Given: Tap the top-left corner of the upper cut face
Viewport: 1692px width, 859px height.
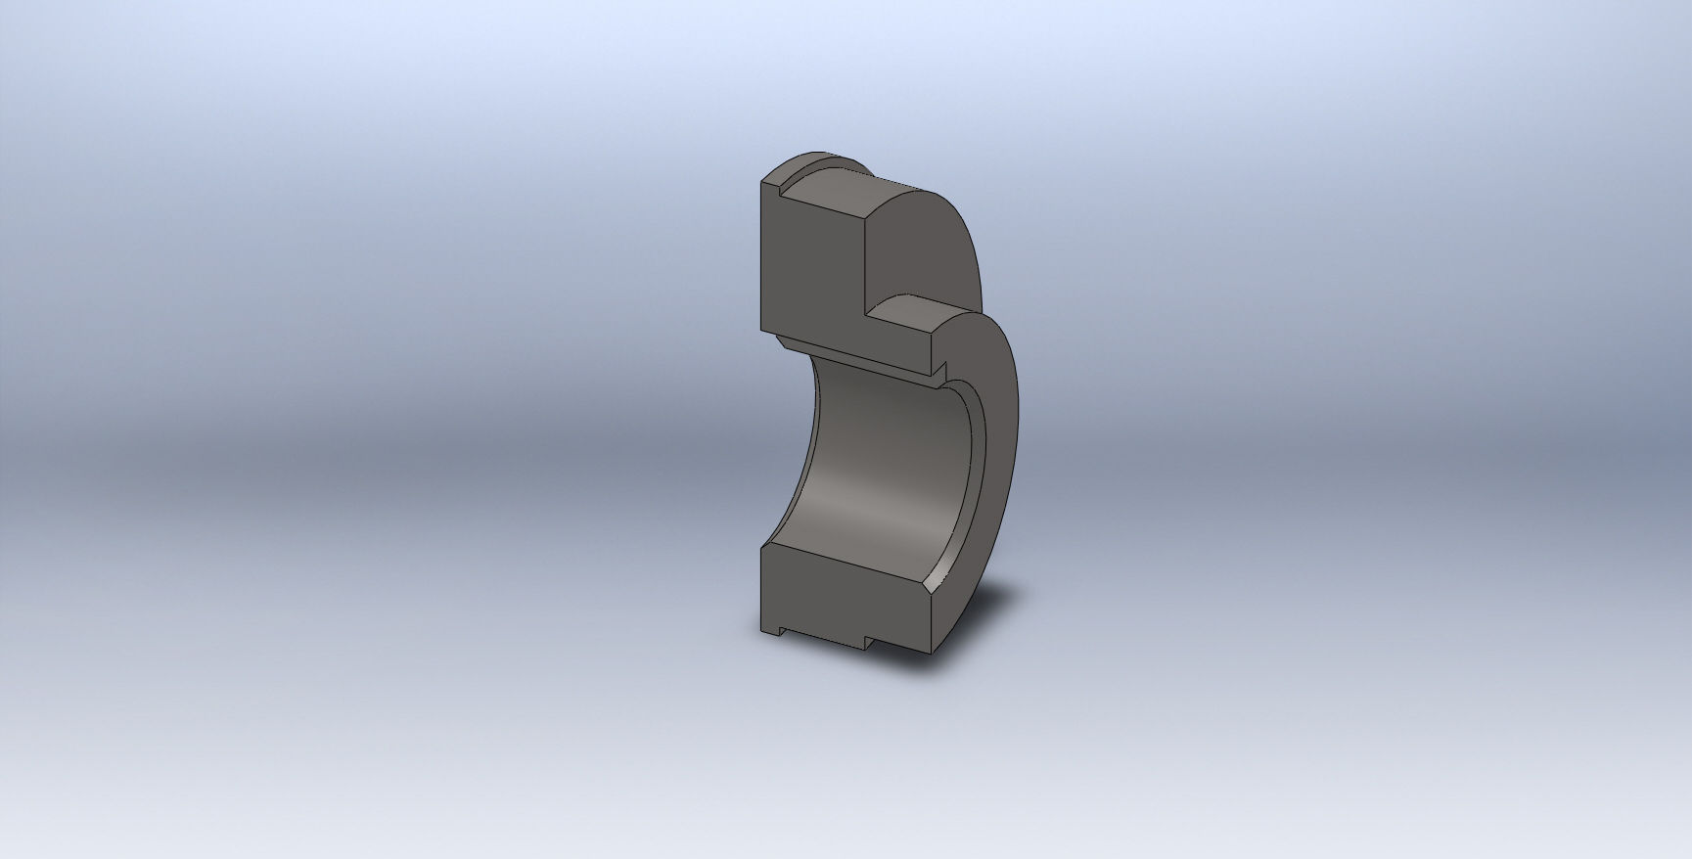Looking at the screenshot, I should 761,182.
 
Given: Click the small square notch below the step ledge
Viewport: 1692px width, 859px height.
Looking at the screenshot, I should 937,370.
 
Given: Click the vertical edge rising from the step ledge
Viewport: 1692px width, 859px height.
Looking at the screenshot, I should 865,264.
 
